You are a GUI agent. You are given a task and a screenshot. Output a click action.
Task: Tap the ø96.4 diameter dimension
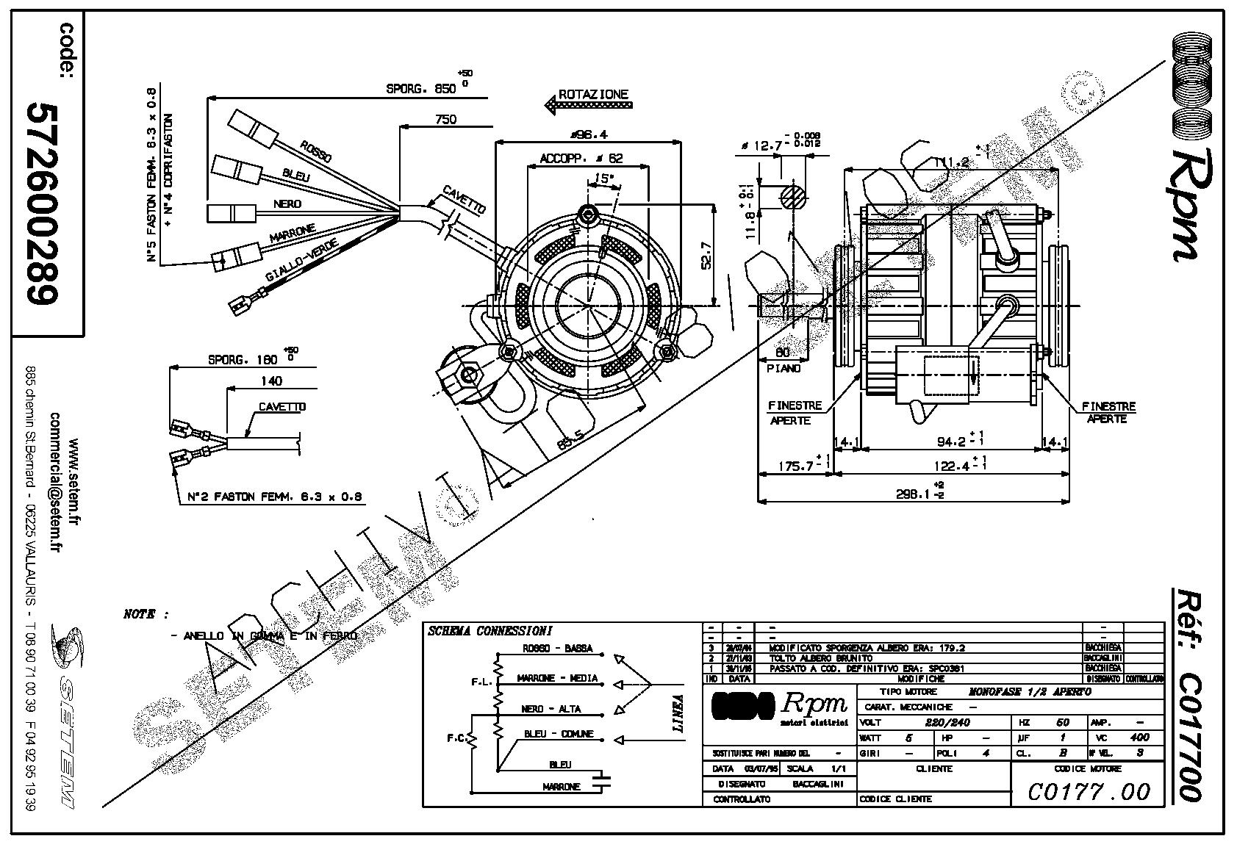click(587, 134)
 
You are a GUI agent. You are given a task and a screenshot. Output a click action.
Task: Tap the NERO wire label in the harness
click(287, 204)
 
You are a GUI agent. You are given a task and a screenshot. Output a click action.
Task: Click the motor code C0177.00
click(1089, 791)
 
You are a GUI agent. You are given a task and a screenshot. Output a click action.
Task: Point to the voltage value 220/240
click(948, 722)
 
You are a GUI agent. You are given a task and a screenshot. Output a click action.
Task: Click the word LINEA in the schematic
click(677, 714)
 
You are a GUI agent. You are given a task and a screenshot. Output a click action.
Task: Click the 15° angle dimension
click(603, 179)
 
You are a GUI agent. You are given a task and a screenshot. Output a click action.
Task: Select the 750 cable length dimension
click(445, 119)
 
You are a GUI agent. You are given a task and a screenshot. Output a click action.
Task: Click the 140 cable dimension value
click(271, 381)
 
